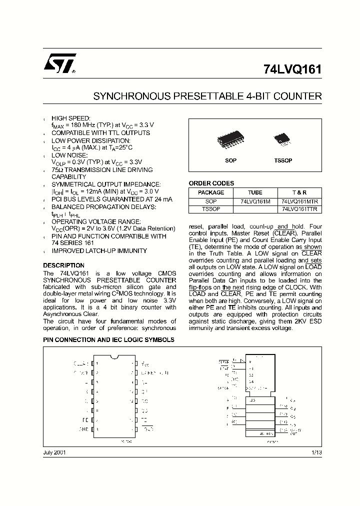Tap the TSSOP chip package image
point(282,140)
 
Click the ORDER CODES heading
point(211,183)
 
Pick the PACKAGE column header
point(211,192)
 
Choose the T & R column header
point(300,192)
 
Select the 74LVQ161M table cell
point(255,201)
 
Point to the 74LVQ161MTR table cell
point(300,201)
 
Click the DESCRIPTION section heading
point(63,265)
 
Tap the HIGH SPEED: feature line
point(71,118)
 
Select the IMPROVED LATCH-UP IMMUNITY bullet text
point(99,251)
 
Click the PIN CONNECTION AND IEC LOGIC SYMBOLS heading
point(108,339)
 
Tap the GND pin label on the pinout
point(83,429)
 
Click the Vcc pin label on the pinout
point(144,363)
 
